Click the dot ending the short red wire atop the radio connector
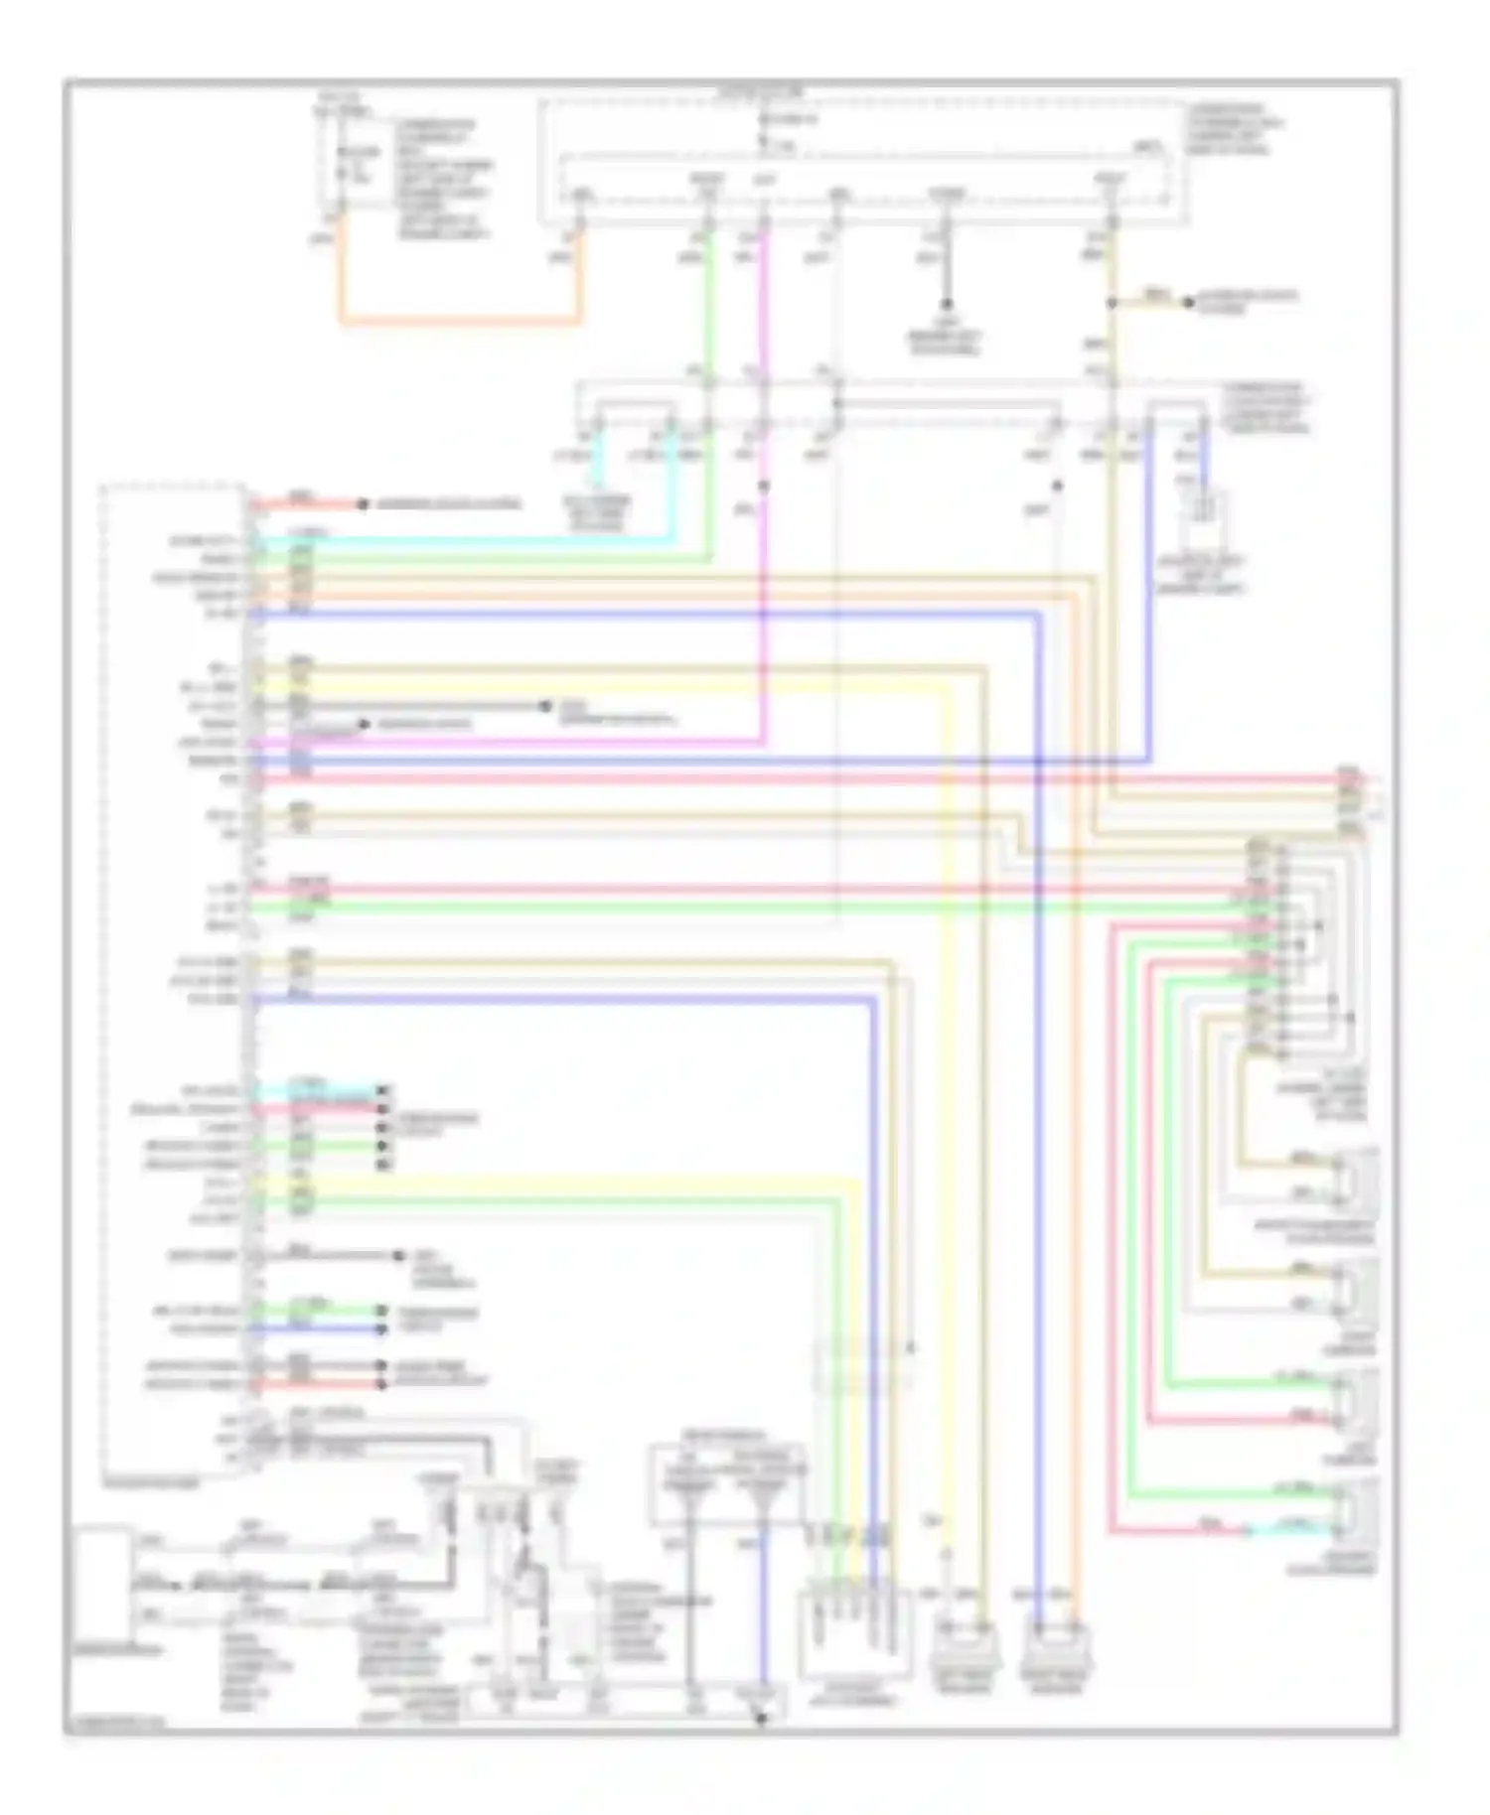point(363,504)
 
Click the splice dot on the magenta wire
point(764,486)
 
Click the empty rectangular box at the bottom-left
point(101,1583)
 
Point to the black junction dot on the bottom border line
point(762,1718)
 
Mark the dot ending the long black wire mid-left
point(544,706)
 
